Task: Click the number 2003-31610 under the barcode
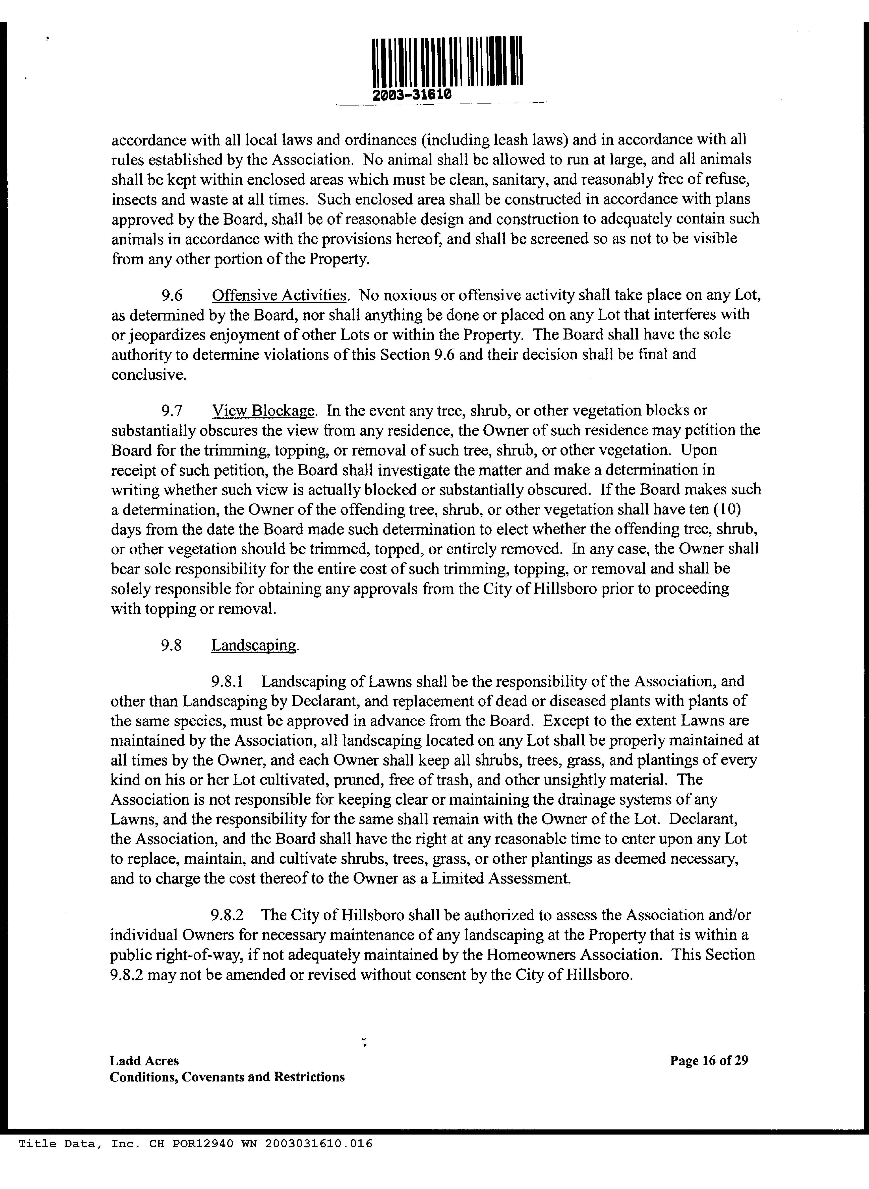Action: (x=411, y=95)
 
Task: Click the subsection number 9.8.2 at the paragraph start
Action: (x=227, y=915)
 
